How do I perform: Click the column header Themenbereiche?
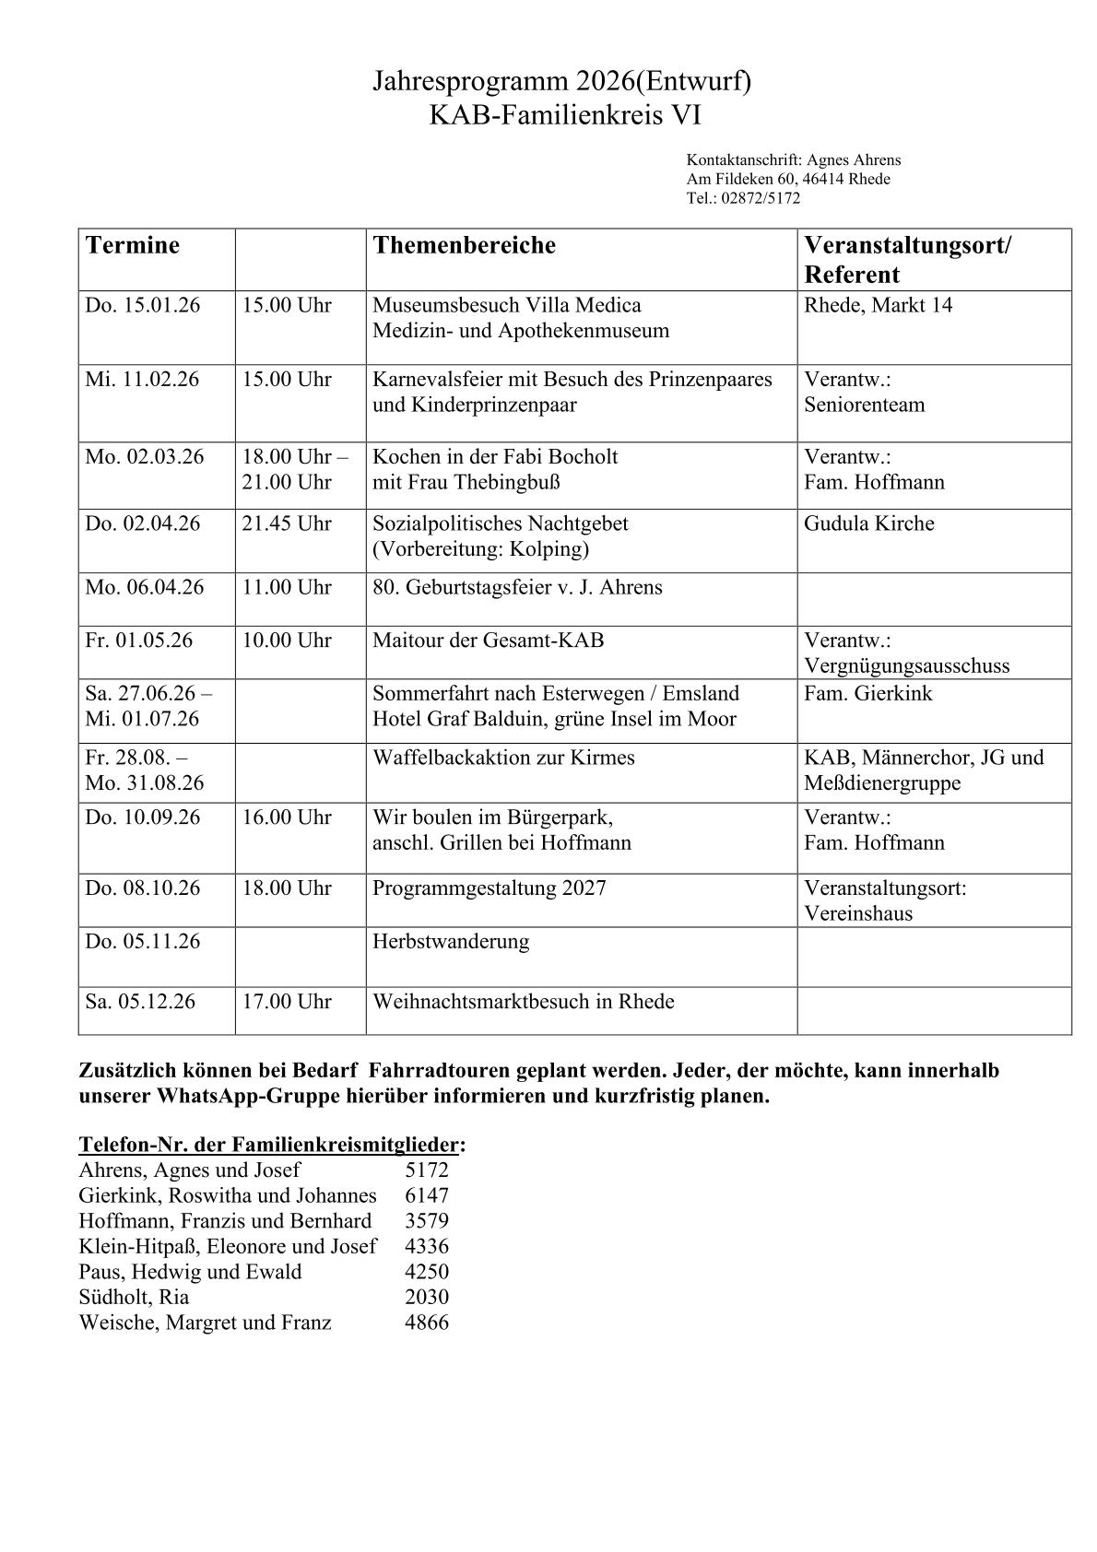click(x=464, y=246)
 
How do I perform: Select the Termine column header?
click(x=132, y=246)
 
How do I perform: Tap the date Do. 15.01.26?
click(x=143, y=305)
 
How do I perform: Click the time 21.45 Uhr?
click(x=287, y=523)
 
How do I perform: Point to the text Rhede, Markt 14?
click(x=878, y=305)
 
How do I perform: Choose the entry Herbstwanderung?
click(x=451, y=942)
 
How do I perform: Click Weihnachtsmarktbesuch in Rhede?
click(x=523, y=1002)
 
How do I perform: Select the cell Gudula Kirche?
click(x=868, y=523)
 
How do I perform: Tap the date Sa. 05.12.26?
click(x=140, y=1002)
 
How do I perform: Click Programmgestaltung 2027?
click(x=489, y=888)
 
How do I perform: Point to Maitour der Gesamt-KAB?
click(x=488, y=640)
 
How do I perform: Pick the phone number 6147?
click(x=426, y=1196)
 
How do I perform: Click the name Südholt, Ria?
click(x=134, y=1298)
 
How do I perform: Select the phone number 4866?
click(x=426, y=1323)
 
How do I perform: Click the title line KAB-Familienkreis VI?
click(x=565, y=116)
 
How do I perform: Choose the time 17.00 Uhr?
click(x=287, y=1002)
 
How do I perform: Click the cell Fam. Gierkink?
click(x=867, y=693)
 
